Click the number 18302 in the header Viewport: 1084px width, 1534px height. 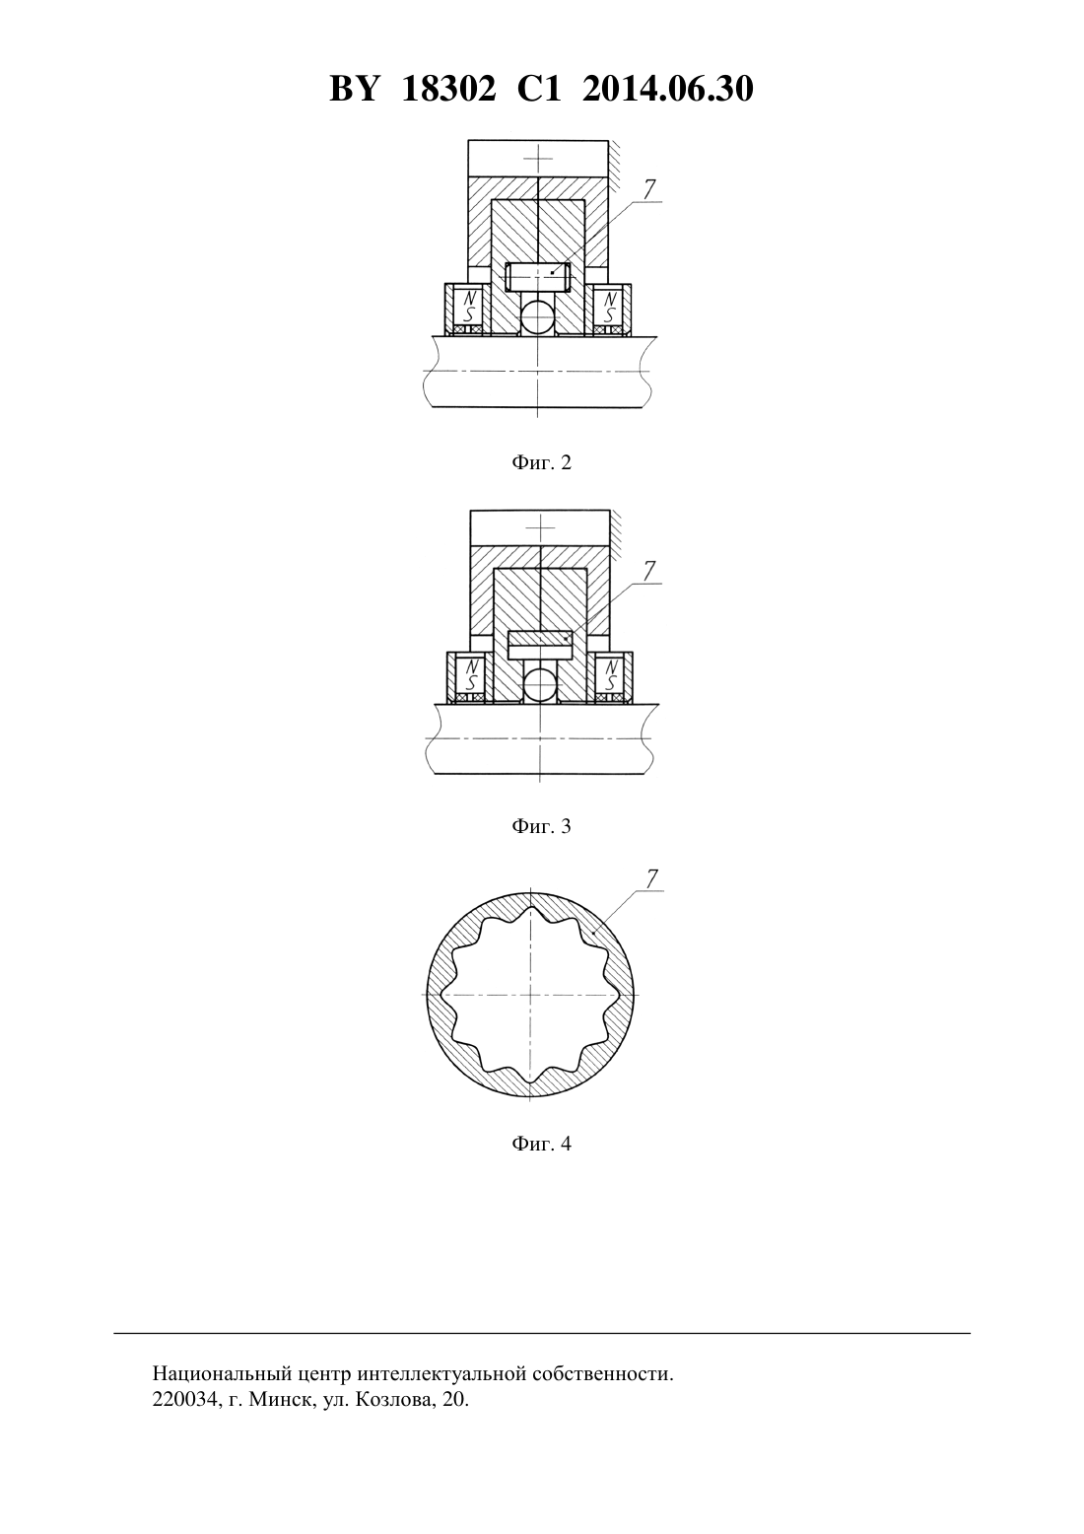[448, 89]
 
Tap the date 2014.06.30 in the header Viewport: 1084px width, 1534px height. [668, 89]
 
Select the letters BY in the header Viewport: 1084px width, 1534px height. [354, 89]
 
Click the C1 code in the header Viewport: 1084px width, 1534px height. [539, 89]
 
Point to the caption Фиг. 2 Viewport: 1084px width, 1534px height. [541, 463]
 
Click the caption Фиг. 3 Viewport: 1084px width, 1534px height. [541, 826]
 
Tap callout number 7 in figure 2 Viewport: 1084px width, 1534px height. [649, 189]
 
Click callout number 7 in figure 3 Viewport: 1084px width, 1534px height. [649, 570]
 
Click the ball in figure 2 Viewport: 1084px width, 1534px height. [538, 317]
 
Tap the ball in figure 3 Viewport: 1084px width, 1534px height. [540, 685]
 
